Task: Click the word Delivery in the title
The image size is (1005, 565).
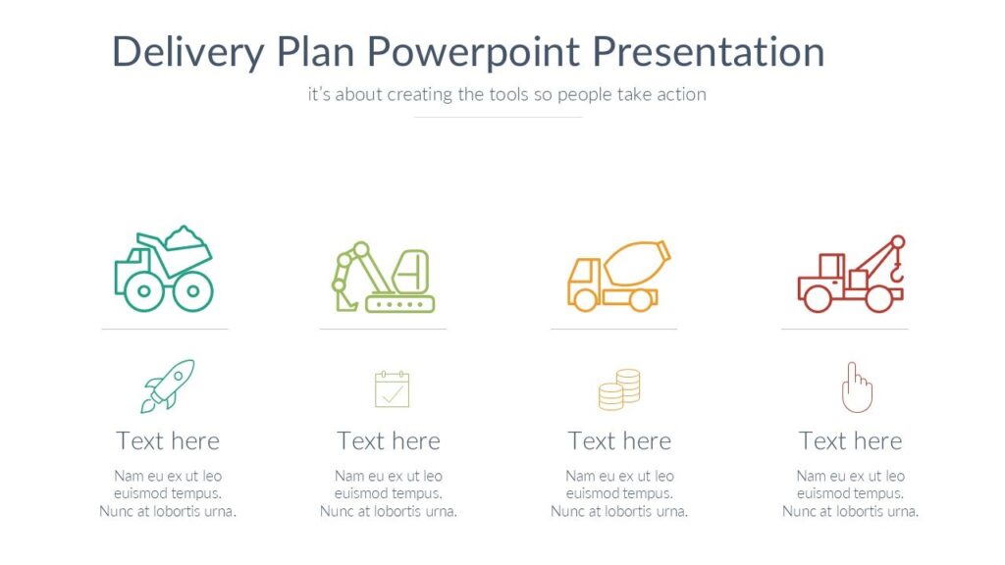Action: click(x=187, y=51)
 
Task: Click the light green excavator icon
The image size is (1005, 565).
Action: click(x=383, y=278)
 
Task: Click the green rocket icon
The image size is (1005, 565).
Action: click(x=167, y=385)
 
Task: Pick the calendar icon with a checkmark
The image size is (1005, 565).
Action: click(x=392, y=388)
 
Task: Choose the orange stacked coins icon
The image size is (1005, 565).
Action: click(x=619, y=389)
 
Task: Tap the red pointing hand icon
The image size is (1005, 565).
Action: click(x=856, y=386)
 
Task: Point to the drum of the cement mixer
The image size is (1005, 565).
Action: click(x=636, y=262)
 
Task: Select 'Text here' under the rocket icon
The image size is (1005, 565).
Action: click(x=168, y=441)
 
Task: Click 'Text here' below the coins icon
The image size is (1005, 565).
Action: click(x=619, y=441)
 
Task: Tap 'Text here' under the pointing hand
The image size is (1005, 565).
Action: click(x=850, y=441)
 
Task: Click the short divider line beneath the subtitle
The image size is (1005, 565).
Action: click(x=498, y=117)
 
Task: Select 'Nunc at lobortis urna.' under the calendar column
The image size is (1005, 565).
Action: click(x=389, y=512)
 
